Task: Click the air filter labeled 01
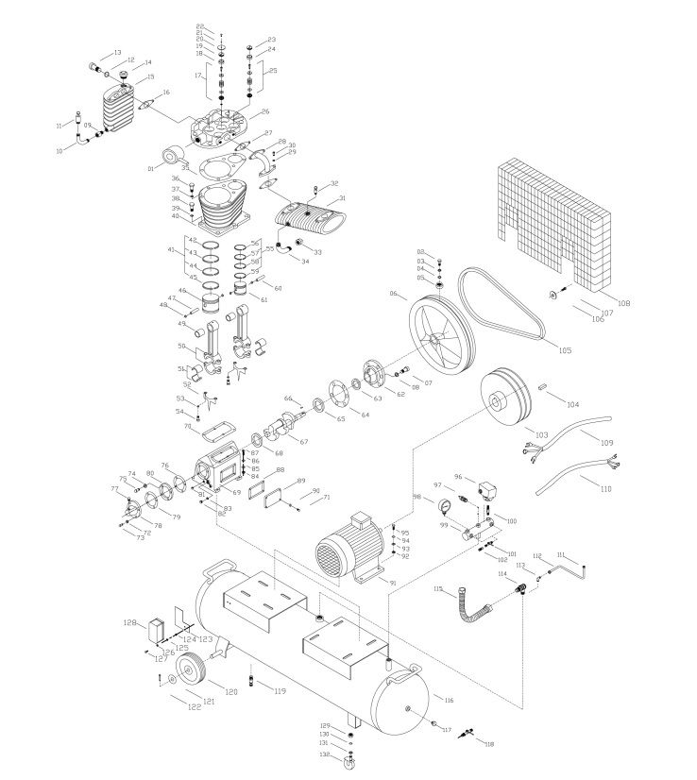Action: (173, 157)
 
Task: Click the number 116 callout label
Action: (449, 701)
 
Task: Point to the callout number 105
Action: (565, 351)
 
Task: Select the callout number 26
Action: (252, 112)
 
